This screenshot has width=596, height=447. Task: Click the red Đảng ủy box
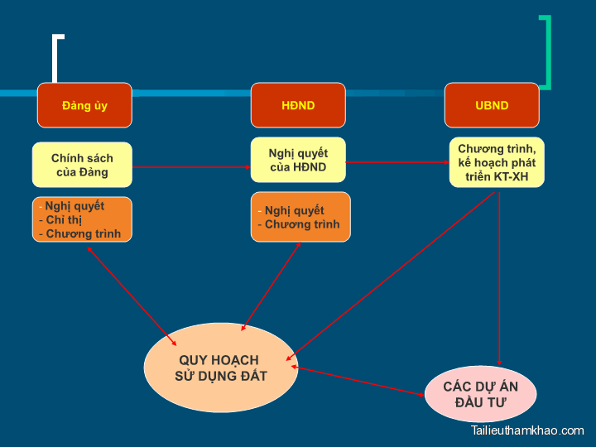click(84, 105)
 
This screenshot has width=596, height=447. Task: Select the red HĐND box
click(298, 105)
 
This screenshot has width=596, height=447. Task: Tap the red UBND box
click(492, 105)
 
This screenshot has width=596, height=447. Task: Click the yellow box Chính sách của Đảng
click(82, 165)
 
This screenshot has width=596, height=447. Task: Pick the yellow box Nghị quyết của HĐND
click(298, 160)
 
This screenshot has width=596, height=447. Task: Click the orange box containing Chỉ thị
click(82, 219)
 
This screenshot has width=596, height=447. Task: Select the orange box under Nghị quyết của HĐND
click(300, 217)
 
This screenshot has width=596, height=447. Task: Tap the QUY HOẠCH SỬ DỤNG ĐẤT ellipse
click(219, 368)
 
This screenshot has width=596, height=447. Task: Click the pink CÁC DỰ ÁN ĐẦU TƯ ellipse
click(480, 394)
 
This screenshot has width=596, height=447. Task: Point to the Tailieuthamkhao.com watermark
click(527, 430)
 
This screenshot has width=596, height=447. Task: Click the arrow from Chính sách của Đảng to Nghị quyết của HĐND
click(191, 167)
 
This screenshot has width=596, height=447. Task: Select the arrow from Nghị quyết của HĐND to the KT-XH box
click(397, 163)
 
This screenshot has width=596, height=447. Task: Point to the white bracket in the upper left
click(56, 58)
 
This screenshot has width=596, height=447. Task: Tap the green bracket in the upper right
click(546, 51)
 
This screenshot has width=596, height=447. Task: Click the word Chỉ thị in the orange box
click(64, 220)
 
